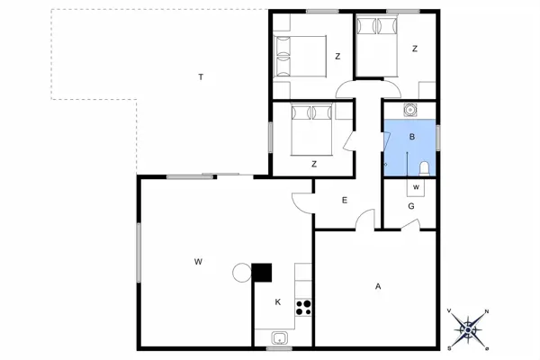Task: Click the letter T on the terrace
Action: pyautogui.click(x=201, y=76)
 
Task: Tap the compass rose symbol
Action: pyautogui.click(x=468, y=330)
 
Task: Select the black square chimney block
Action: pyautogui.click(x=262, y=273)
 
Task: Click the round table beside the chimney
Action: pyautogui.click(x=242, y=273)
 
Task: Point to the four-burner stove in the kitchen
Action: pyautogui.click(x=303, y=308)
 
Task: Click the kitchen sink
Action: pyautogui.click(x=280, y=337)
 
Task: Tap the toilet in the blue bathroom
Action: pyautogui.click(x=424, y=169)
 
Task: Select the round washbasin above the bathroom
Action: pyautogui.click(x=410, y=110)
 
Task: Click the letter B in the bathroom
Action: pyautogui.click(x=412, y=137)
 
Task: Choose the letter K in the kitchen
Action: pyautogui.click(x=278, y=302)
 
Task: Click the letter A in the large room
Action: pyautogui.click(x=378, y=286)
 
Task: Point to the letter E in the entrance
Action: pyautogui.click(x=345, y=200)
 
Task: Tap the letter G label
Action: pyautogui.click(x=411, y=206)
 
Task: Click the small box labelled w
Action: pyautogui.click(x=416, y=187)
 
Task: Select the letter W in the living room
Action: pyautogui.click(x=198, y=262)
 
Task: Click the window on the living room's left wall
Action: pyautogui.click(x=139, y=253)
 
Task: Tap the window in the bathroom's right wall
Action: pyautogui.click(x=438, y=138)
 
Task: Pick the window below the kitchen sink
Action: pyautogui.click(x=279, y=348)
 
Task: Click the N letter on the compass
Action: pyautogui.click(x=487, y=311)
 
